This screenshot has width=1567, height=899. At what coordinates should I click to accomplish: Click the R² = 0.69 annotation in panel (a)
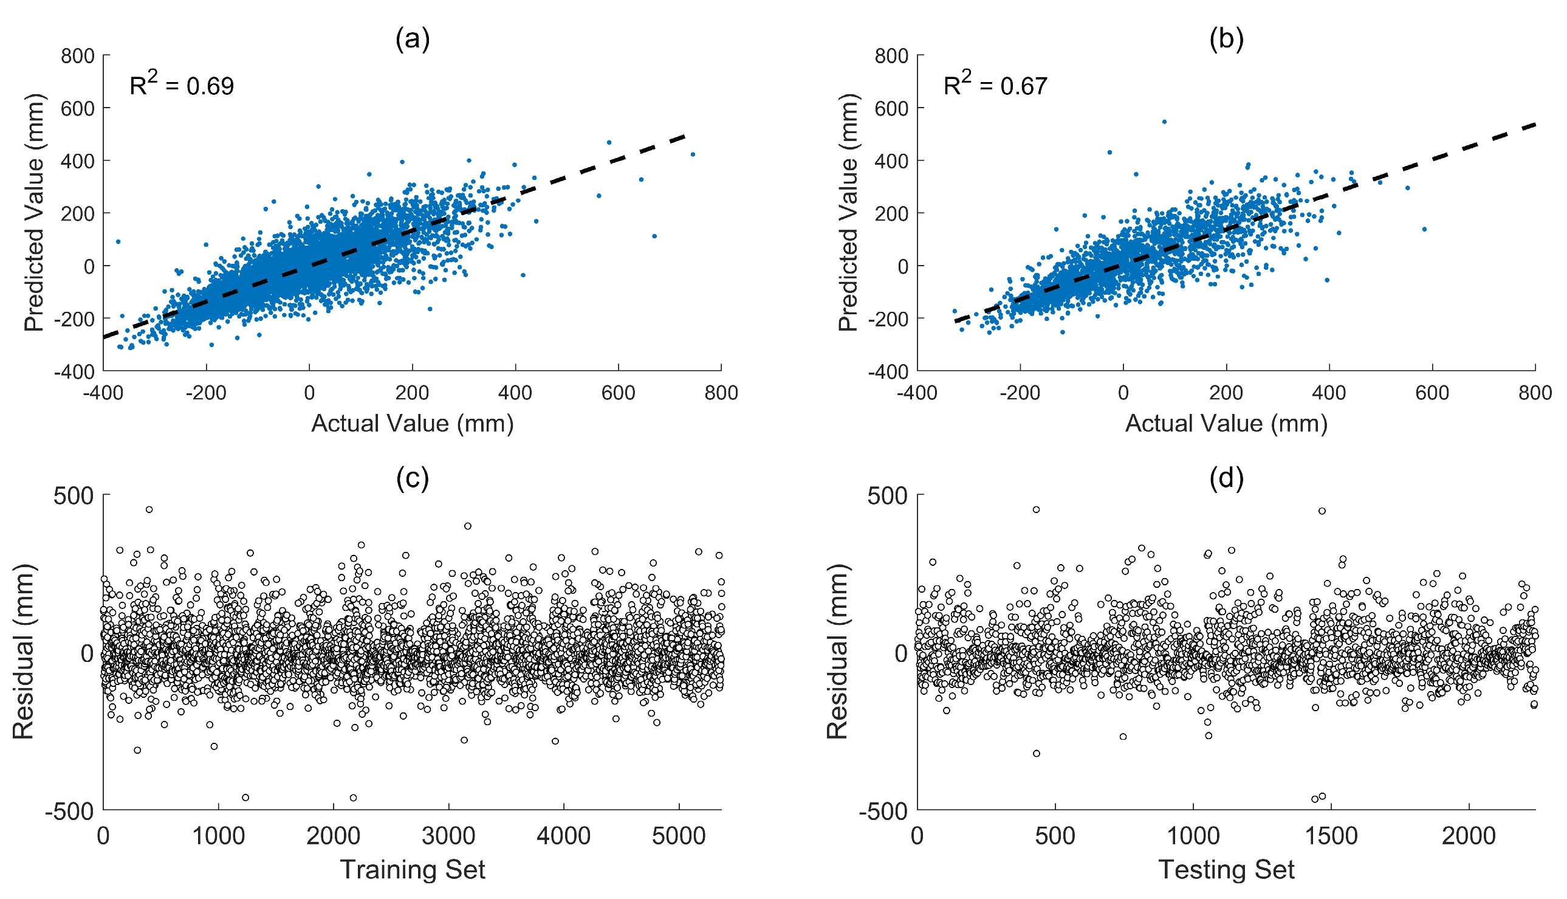[x=182, y=84]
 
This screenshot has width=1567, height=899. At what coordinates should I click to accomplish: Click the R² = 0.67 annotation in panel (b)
[x=995, y=84]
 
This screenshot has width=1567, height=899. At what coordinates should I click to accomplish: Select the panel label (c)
[x=413, y=478]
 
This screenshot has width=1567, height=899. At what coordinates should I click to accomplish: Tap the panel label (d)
[x=1226, y=478]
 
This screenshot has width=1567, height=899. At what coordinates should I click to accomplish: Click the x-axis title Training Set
[x=413, y=869]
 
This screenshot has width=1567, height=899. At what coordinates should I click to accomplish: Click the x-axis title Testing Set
[x=1226, y=869]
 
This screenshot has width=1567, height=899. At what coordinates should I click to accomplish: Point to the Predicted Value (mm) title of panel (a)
[x=35, y=212]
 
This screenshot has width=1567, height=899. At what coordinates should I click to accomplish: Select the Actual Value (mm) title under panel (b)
[x=1226, y=424]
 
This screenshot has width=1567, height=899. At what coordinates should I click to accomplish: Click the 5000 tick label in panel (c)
[x=678, y=836]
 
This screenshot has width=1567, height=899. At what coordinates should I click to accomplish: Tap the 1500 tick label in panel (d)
[x=1331, y=836]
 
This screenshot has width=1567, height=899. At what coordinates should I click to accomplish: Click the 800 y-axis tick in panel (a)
[x=78, y=56]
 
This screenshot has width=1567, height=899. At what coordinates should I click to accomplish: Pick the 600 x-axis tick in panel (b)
[x=1432, y=393]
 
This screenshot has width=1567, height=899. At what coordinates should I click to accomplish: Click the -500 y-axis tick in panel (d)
[x=883, y=811]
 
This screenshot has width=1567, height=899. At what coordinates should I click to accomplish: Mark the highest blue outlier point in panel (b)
[x=1164, y=122]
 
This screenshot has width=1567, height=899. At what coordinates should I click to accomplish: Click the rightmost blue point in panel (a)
[x=693, y=154]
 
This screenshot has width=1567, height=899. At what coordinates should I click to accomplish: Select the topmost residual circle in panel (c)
[x=149, y=509]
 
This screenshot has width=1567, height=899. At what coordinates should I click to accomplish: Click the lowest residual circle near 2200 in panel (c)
[x=353, y=797]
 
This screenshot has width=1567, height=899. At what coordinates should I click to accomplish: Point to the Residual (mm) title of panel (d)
[x=837, y=652]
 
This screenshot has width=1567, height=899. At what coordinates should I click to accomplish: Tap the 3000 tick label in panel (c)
[x=448, y=836]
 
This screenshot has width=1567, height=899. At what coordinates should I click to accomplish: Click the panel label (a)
[x=413, y=40]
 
